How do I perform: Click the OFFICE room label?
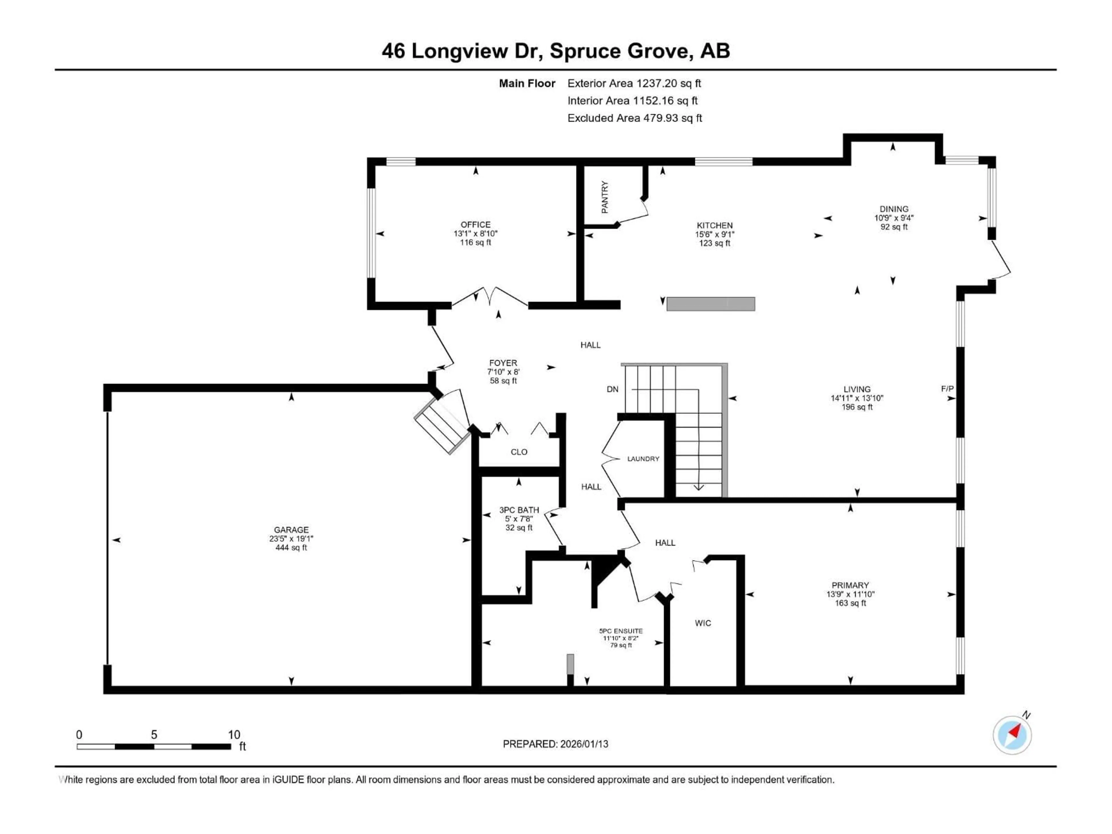(475, 225)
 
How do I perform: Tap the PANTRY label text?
(605, 197)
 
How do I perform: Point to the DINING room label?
(894, 209)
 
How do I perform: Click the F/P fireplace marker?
(947, 389)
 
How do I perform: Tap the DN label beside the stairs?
(612, 389)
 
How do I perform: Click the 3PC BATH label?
(519, 510)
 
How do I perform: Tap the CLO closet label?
(519, 452)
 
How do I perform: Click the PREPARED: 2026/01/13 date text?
(555, 744)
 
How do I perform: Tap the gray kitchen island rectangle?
(710, 304)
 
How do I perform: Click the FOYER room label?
(503, 363)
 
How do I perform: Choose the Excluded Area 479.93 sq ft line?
(634, 118)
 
